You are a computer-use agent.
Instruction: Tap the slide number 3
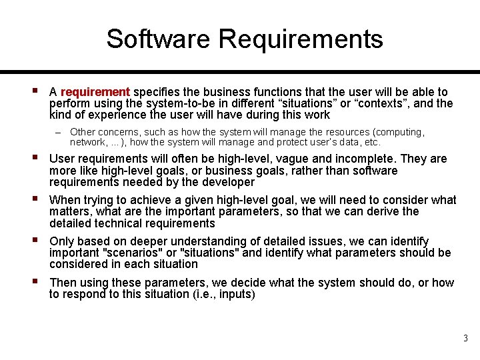(x=466, y=339)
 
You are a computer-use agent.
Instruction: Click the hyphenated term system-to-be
(x=173, y=103)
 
